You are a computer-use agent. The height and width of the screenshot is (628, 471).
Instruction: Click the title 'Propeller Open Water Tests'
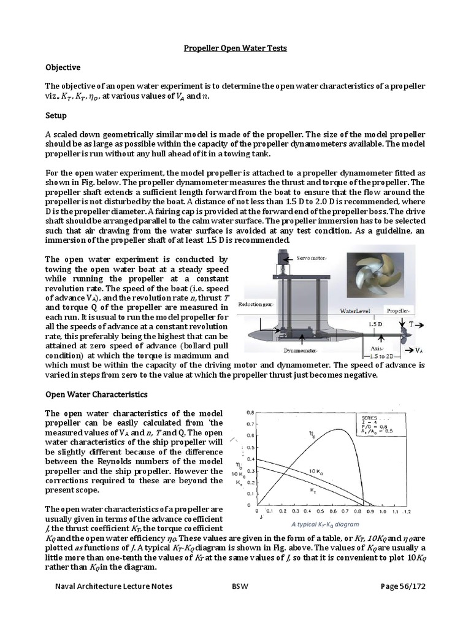click(x=235, y=48)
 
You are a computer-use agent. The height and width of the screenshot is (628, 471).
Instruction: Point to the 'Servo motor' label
click(x=313, y=259)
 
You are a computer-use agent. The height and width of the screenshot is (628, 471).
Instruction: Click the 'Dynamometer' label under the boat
click(x=301, y=351)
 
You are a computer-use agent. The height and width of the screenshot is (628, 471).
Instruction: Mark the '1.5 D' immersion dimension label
click(x=375, y=323)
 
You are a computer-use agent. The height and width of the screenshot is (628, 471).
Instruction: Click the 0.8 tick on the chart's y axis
click(x=250, y=412)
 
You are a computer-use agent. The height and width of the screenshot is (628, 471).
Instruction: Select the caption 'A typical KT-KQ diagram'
click(x=325, y=524)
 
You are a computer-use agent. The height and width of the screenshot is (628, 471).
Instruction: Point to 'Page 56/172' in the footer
click(x=402, y=586)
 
